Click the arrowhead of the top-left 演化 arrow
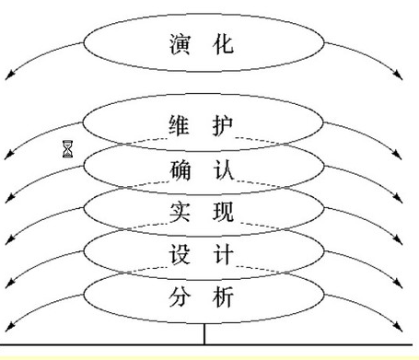(9, 76)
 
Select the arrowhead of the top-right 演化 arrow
(402, 76)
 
